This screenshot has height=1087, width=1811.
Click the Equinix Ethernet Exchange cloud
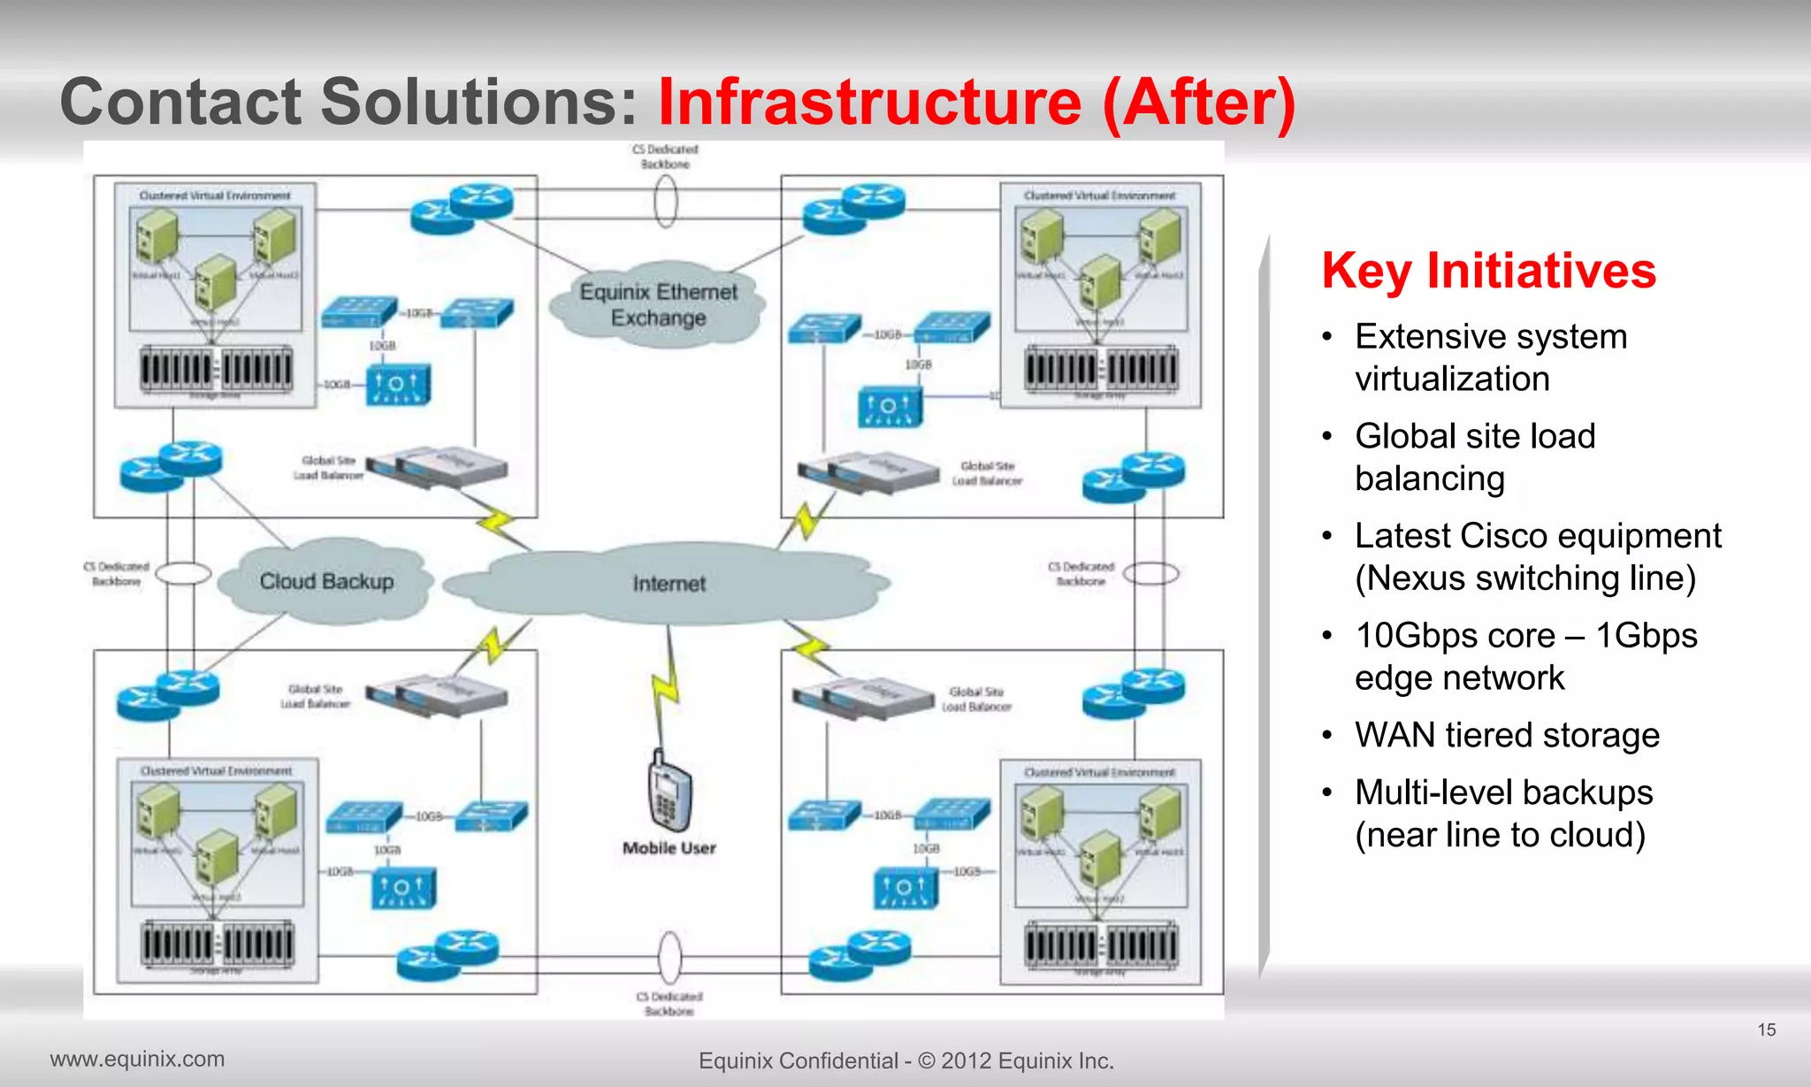pyautogui.click(x=658, y=304)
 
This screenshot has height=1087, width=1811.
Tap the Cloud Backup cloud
pyautogui.click(x=326, y=581)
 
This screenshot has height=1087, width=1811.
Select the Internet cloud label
pyautogui.click(x=669, y=584)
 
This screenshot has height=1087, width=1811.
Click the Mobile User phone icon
pyautogui.click(x=669, y=792)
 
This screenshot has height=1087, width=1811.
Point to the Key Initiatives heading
pyautogui.click(x=1488, y=271)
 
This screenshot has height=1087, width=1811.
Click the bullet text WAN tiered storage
pyautogui.click(x=1507, y=735)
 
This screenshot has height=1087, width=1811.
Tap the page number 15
pyautogui.click(x=1766, y=1030)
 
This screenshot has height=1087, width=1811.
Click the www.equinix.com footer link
pyautogui.click(x=137, y=1059)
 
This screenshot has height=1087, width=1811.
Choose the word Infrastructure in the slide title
pyautogui.click(x=870, y=102)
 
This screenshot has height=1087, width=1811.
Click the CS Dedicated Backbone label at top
pyautogui.click(x=665, y=157)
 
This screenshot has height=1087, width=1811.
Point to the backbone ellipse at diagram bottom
pyautogui.click(x=670, y=956)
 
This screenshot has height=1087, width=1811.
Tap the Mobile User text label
pyautogui.click(x=669, y=848)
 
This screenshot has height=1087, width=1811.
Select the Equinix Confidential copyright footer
pyautogui.click(x=905, y=1060)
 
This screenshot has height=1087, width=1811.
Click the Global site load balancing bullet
pyautogui.click(x=1475, y=457)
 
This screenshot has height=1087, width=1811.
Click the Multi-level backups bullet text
pyautogui.click(x=1503, y=814)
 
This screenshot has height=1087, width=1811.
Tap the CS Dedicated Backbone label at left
pyautogui.click(x=117, y=574)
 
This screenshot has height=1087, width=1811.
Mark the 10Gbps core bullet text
pyautogui.click(x=1525, y=656)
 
